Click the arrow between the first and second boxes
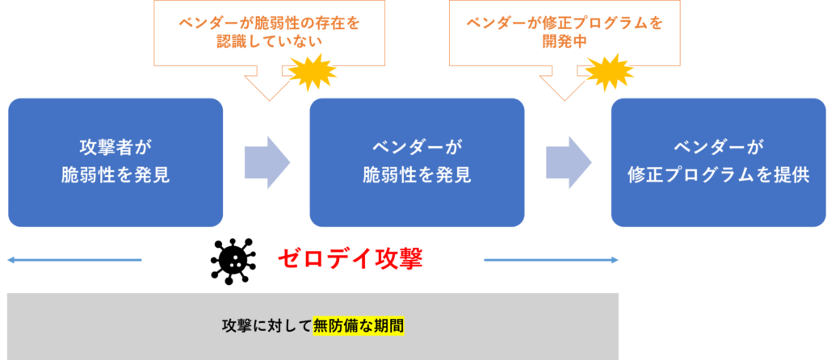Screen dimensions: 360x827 pos(267,162)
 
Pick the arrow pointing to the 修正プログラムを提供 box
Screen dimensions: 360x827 pos(568,162)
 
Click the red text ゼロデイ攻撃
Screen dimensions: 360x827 pos(350,259)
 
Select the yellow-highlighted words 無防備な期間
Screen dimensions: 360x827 pos(359,326)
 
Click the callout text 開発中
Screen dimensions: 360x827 pos(565,42)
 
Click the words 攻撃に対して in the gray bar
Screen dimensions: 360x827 pos(267,326)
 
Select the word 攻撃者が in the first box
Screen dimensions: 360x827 pos(115,148)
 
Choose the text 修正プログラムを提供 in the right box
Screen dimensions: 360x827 pos(718,175)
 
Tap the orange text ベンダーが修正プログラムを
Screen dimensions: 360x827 pos(565,23)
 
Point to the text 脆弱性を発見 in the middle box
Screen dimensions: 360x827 pos(417,175)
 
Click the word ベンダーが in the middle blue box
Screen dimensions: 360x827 pos(417,148)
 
